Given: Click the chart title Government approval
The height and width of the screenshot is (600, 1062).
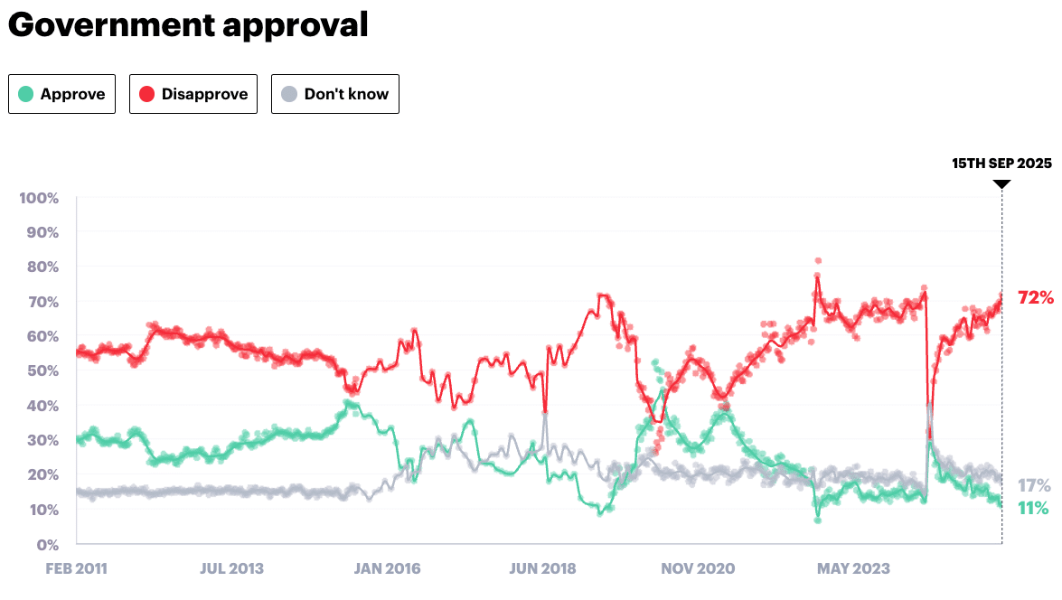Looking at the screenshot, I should pos(188,25).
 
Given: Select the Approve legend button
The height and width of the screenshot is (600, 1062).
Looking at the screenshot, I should pos(61,94).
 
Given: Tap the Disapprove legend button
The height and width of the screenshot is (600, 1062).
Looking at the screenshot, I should pos(193,94).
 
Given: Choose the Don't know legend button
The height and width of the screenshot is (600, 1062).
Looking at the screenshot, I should pos(334,94).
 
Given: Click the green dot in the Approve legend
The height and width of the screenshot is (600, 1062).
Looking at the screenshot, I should pos(27,94).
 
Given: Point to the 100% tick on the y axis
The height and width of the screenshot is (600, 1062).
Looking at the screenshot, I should pos(39,198).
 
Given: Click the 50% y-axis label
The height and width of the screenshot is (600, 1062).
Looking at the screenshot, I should pos(42,371).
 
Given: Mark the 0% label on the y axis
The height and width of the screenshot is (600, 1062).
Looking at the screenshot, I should pos(47,545).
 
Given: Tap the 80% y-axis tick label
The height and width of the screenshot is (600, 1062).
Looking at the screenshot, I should pos(42,267).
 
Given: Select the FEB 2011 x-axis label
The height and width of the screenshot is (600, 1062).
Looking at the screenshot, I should pos(77,569).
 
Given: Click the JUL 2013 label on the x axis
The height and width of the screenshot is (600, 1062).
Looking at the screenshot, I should pos(231,569).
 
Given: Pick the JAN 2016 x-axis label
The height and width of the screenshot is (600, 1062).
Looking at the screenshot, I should pos(387,569).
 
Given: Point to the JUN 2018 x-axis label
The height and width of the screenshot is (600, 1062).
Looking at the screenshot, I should pos(542,569).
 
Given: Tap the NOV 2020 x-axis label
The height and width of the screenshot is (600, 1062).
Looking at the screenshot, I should pos(697,569).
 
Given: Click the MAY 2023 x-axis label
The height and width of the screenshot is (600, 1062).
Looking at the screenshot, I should pos(852,569).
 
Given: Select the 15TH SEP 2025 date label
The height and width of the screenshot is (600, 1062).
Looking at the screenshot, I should pos(1001,164).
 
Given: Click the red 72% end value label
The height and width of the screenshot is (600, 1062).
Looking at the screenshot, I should pos(1035,297).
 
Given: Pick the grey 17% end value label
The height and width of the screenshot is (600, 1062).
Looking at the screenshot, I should pos(1034,485).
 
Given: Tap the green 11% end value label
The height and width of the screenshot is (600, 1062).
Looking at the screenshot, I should pos(1033,508).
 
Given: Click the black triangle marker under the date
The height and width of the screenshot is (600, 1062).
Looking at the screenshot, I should pos(1001,184).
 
